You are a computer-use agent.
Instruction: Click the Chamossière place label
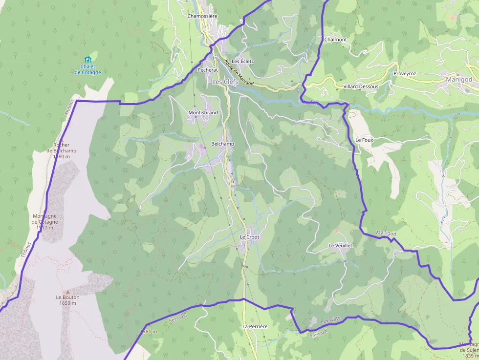tap(202, 16)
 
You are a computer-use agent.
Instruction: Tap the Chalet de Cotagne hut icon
tap(88, 60)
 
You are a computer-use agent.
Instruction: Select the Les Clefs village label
tap(225, 82)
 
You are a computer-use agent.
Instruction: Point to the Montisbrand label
tap(203, 113)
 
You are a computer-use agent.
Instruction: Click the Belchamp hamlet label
tap(222, 144)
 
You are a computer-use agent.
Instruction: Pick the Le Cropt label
tap(249, 237)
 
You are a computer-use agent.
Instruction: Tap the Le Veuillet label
tap(340, 245)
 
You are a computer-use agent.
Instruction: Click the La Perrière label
tap(255, 326)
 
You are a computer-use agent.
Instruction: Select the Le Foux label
tap(364, 140)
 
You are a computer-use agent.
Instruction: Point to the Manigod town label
tap(459, 79)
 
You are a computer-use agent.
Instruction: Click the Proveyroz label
tap(404, 74)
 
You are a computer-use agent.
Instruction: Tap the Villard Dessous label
tap(361, 86)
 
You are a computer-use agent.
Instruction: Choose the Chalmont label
tap(336, 40)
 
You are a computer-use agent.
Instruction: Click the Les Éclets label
tap(243, 62)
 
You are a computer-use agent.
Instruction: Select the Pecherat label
tap(208, 70)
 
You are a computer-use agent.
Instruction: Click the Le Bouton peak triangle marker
tap(68, 292)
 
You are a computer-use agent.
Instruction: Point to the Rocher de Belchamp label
tap(62, 151)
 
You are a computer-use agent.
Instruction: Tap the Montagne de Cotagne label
tap(44, 219)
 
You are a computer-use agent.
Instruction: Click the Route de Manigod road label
tap(239, 73)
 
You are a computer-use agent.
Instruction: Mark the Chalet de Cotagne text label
tap(88, 69)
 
